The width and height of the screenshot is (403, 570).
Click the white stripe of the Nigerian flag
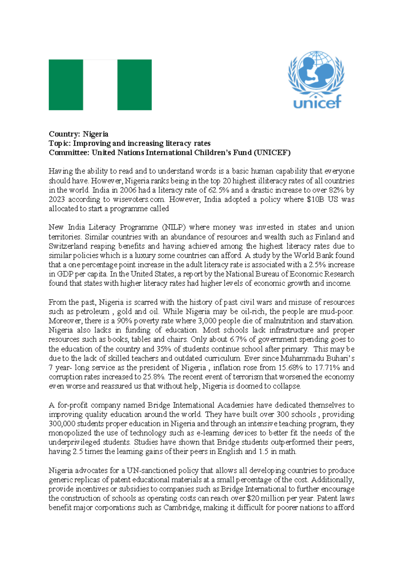click(x=100, y=85)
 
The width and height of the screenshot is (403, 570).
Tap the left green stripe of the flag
click(x=66, y=85)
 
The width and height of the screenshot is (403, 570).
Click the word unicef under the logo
click(x=317, y=102)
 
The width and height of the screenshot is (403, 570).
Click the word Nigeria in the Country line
click(x=96, y=134)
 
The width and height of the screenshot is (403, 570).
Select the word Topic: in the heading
click(x=60, y=143)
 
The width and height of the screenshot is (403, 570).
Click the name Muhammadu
click(x=298, y=358)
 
